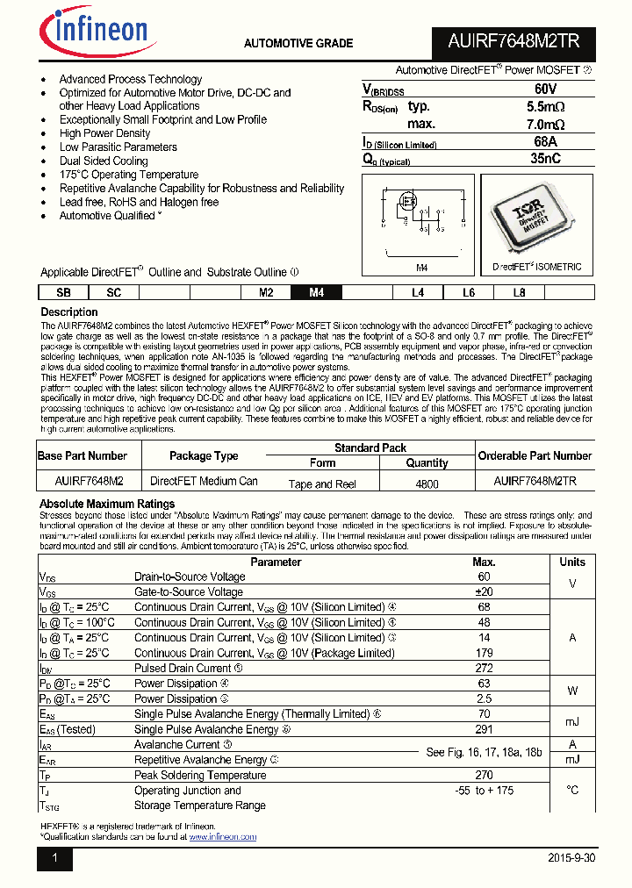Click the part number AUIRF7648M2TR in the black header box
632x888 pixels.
coord(514,42)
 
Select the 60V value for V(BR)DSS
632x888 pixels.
coord(545,90)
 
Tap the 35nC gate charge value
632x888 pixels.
coord(545,159)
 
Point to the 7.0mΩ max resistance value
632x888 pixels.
coord(545,125)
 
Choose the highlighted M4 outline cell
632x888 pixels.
coord(317,293)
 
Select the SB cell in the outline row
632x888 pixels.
coord(63,293)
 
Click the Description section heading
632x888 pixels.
coord(69,312)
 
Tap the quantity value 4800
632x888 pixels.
coord(427,483)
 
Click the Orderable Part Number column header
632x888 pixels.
coord(535,455)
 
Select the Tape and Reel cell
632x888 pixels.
coord(322,483)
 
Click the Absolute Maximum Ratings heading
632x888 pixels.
coord(107,504)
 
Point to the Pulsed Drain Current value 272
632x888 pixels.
coord(484,668)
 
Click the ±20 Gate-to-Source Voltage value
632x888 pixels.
coord(484,592)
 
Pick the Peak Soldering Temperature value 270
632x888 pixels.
coord(484,775)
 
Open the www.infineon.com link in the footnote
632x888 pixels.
coord(222,836)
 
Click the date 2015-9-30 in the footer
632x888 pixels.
coord(571,858)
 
